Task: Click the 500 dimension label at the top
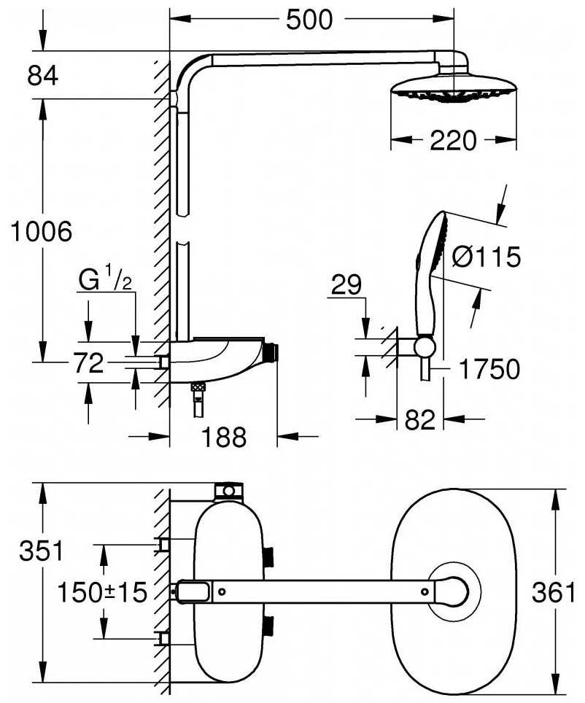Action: point(309,20)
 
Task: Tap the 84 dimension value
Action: point(43,75)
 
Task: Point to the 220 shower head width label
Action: point(452,139)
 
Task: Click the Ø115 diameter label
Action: point(485,257)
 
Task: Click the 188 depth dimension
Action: point(224,438)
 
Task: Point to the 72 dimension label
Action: point(89,362)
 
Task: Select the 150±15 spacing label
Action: point(103,591)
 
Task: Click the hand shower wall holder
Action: point(423,346)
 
